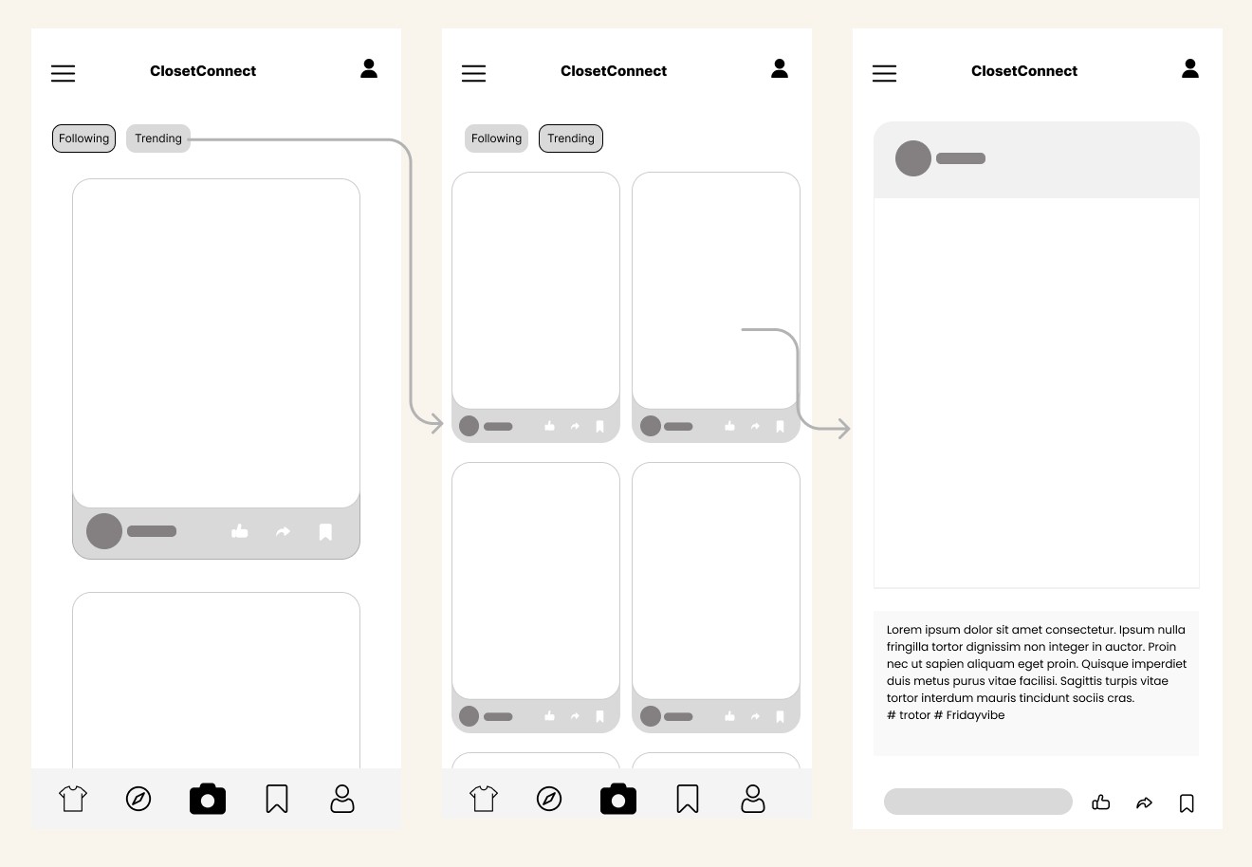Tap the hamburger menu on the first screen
(63, 73)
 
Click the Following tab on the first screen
(83, 138)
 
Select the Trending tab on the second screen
(571, 138)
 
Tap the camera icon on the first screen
(208, 799)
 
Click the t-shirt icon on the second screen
(484, 799)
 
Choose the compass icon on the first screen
(138, 799)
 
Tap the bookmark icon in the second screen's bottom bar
(688, 799)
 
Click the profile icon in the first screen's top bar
(369, 68)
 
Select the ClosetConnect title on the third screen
(1024, 71)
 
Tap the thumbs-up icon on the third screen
(1100, 802)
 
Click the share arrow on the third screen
(1144, 802)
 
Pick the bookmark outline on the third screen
(1187, 803)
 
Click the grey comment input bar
(978, 802)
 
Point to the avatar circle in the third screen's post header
(913, 158)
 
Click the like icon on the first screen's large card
(239, 531)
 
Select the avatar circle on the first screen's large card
(104, 531)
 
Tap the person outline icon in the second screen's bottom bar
(753, 799)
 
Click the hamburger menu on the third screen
(884, 73)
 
